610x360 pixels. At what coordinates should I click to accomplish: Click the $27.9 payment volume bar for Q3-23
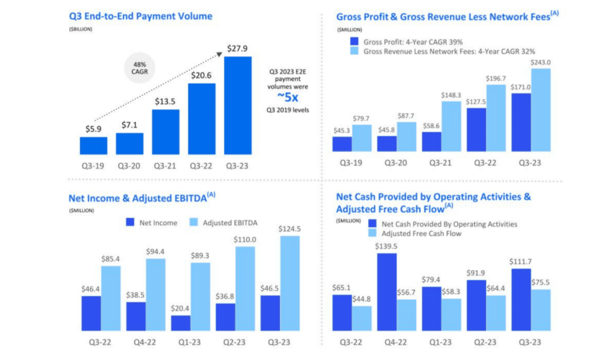tap(237, 106)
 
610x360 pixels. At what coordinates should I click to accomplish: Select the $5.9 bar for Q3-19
tap(94, 146)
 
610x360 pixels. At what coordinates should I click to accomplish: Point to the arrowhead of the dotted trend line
tap(220, 54)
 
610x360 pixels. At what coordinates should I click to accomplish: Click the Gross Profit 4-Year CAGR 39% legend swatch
tap(354, 42)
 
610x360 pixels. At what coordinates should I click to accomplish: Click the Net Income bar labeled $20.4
tap(180, 323)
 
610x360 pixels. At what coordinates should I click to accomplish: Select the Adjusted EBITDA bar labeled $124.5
tap(289, 283)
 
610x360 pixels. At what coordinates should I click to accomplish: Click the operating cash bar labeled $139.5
tap(386, 291)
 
